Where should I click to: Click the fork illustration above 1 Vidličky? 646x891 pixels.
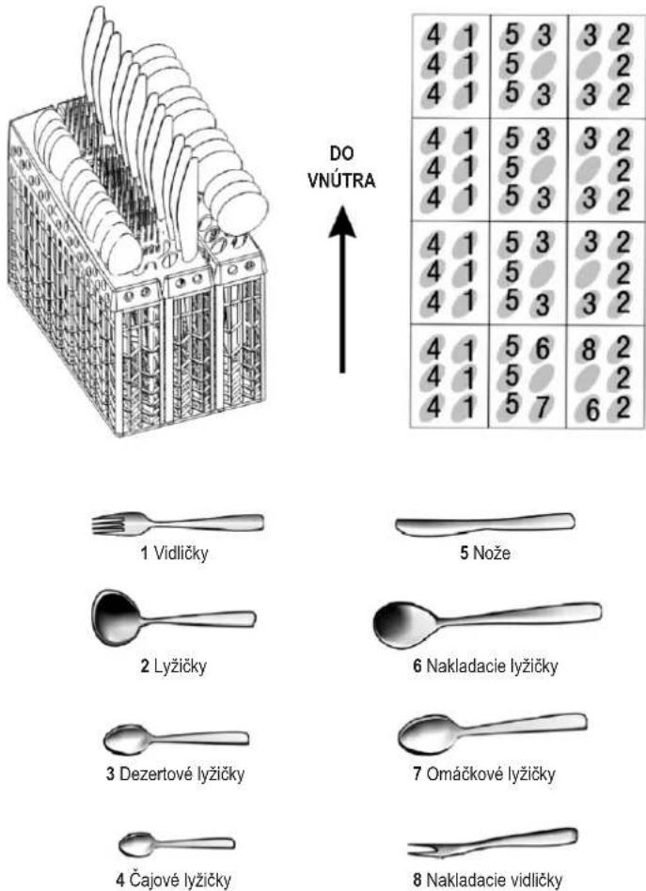178,524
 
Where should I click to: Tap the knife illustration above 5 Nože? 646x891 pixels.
485,524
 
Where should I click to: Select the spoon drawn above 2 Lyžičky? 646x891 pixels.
173,618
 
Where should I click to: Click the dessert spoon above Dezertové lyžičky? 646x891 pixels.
176,740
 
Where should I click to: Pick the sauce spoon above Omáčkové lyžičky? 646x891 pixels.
493,734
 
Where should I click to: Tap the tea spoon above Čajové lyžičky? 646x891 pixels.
177,844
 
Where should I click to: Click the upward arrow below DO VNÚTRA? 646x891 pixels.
341,289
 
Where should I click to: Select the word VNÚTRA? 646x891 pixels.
341,180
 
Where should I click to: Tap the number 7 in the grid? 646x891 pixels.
544,406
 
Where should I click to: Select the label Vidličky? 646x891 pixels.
181,553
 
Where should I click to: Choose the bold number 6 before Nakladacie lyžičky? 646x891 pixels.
418,665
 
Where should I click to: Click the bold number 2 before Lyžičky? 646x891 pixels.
146,665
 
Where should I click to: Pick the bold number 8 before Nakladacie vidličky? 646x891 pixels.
418,881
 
